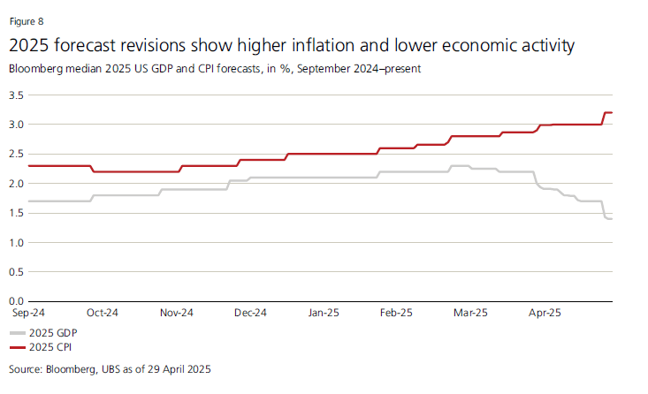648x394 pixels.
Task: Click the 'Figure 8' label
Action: pyautogui.click(x=25, y=20)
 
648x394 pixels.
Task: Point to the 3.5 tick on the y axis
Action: pyautogui.click(x=16, y=95)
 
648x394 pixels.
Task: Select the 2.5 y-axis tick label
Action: pyautogui.click(x=16, y=154)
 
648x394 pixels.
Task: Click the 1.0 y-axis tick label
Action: pyautogui.click(x=16, y=242)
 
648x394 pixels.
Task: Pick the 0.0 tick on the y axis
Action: pyautogui.click(x=16, y=301)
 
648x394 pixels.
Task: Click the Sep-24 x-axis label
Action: pyautogui.click(x=28, y=313)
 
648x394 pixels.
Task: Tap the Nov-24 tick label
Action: pyautogui.click(x=177, y=313)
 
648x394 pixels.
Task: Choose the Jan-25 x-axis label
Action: pyautogui.click(x=324, y=313)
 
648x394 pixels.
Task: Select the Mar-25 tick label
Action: pyautogui.click(x=469, y=313)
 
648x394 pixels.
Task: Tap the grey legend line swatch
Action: pyautogui.click(x=19, y=333)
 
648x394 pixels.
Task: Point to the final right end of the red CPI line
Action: pyautogui.click(x=612, y=112)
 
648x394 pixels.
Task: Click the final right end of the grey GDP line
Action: pyautogui.click(x=612, y=218)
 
